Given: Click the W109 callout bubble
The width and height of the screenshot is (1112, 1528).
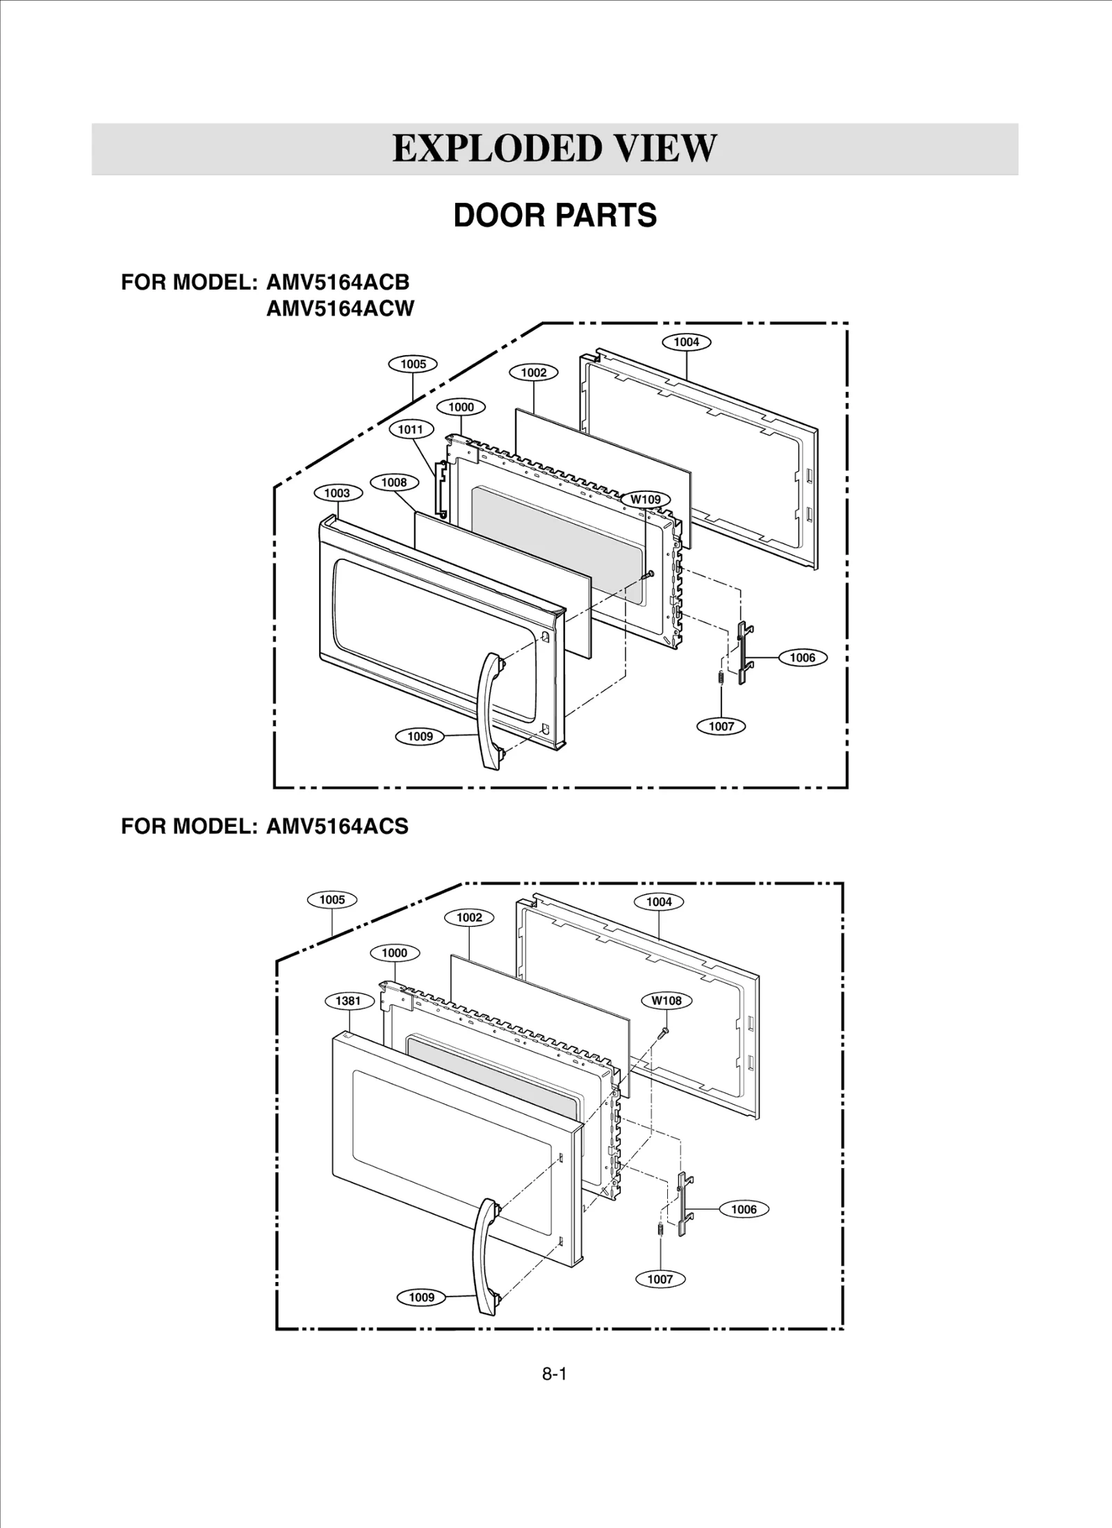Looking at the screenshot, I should tap(646, 499).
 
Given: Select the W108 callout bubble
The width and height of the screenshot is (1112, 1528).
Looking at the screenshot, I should tap(666, 1001).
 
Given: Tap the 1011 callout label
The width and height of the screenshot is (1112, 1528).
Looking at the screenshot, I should tap(410, 429).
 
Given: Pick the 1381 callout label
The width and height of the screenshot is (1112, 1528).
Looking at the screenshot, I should tap(348, 1001).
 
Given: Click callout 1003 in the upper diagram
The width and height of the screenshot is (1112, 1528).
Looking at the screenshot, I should tap(337, 493).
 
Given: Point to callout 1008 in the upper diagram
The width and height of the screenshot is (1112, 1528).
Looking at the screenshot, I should tap(394, 482).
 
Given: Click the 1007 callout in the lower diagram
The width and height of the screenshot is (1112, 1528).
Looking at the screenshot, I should tap(660, 1279).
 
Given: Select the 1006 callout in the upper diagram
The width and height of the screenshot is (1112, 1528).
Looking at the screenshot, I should tap(802, 657).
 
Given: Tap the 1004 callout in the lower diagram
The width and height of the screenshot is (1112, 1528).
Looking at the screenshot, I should tap(659, 902).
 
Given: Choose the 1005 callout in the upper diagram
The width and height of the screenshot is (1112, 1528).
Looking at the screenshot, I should tap(413, 364).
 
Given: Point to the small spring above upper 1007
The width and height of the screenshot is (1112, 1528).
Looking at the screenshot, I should tap(721, 677).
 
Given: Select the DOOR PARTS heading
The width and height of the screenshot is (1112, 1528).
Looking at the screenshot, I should tap(555, 215).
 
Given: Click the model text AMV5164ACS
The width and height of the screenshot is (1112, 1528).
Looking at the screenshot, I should tap(337, 826).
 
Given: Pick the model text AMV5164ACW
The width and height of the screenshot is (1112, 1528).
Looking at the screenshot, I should tap(340, 308).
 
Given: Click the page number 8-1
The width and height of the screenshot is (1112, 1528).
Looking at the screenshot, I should tap(554, 1374).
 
